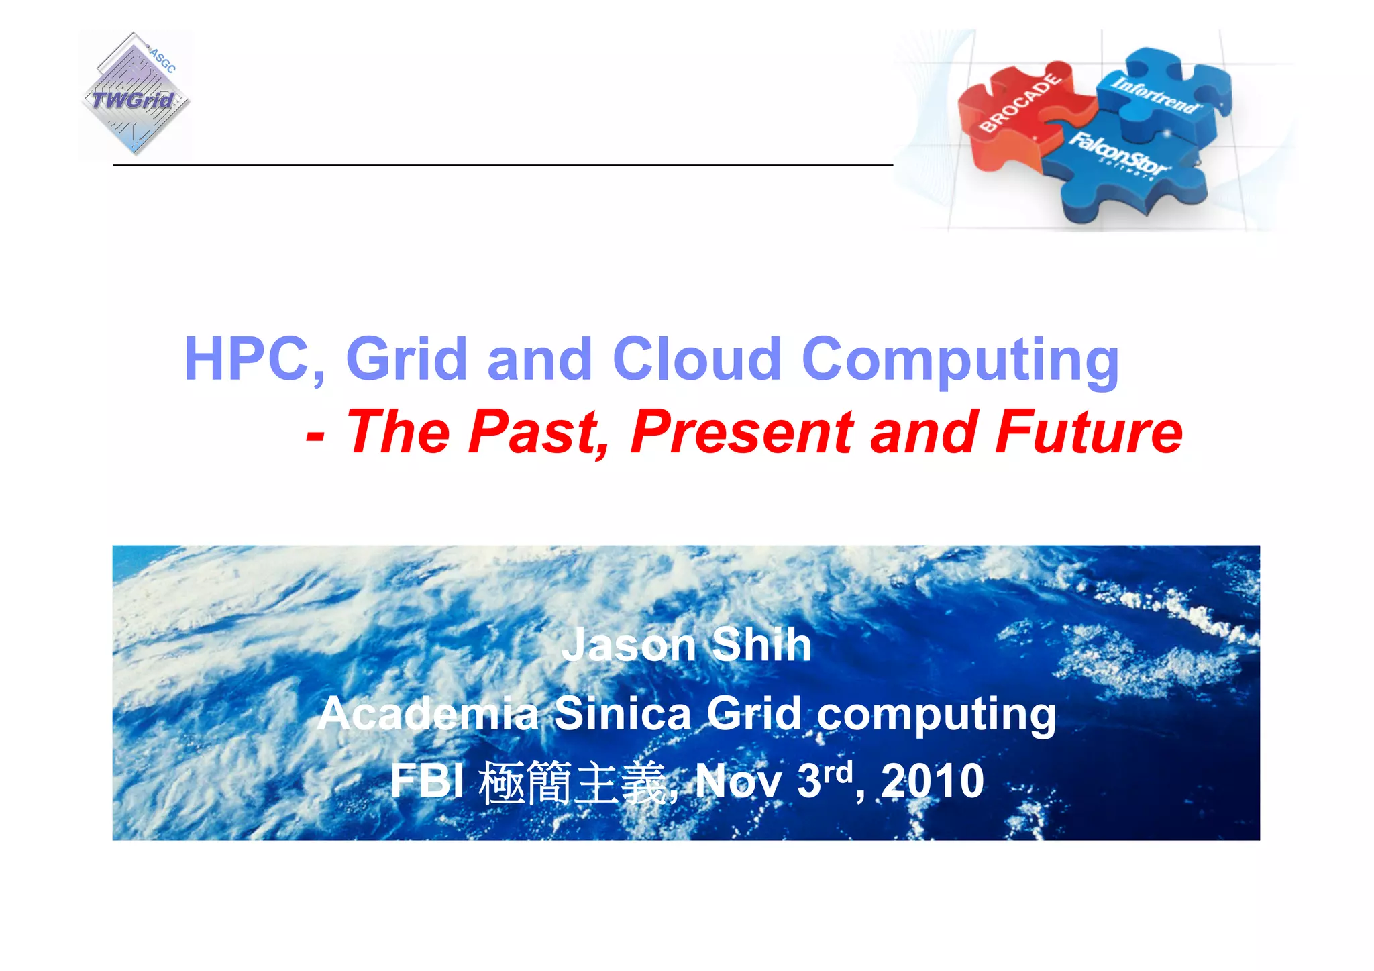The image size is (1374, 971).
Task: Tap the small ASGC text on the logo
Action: tap(162, 60)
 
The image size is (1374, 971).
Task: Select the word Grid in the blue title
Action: tap(407, 360)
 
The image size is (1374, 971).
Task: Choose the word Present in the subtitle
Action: tap(741, 433)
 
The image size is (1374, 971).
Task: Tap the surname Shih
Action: tap(761, 645)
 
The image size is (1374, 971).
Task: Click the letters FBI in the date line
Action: tap(427, 782)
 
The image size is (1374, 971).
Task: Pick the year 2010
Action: tap(932, 782)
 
